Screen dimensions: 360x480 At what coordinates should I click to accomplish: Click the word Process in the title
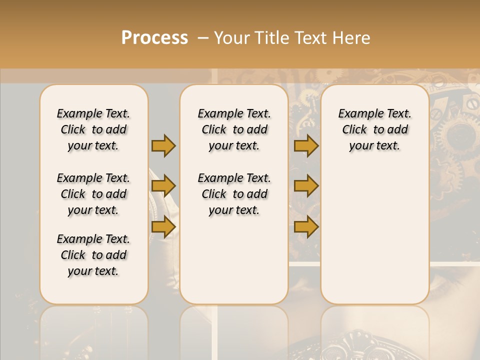[154, 38]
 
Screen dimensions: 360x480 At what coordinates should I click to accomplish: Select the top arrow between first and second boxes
[163, 145]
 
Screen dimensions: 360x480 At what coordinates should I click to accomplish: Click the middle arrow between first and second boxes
[163, 186]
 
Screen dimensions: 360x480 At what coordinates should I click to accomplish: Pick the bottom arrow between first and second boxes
[163, 226]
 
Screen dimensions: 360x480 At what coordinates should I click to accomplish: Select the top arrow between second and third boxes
[306, 145]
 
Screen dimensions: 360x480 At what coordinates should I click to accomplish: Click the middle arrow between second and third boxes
[306, 186]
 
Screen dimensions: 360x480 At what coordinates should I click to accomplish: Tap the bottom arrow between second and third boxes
[306, 227]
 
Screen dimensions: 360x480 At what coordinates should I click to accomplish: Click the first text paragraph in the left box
[93, 129]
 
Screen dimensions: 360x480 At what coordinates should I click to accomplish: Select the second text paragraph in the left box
[93, 194]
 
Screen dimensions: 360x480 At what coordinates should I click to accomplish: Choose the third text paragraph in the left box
[93, 255]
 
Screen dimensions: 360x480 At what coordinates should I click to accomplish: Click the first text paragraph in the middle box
[234, 129]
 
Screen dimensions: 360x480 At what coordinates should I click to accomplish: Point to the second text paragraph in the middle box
[234, 194]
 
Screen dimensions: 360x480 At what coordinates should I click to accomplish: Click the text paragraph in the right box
[374, 129]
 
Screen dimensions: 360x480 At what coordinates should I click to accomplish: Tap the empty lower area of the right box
[374, 235]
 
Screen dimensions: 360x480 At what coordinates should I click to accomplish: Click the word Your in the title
[231, 38]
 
